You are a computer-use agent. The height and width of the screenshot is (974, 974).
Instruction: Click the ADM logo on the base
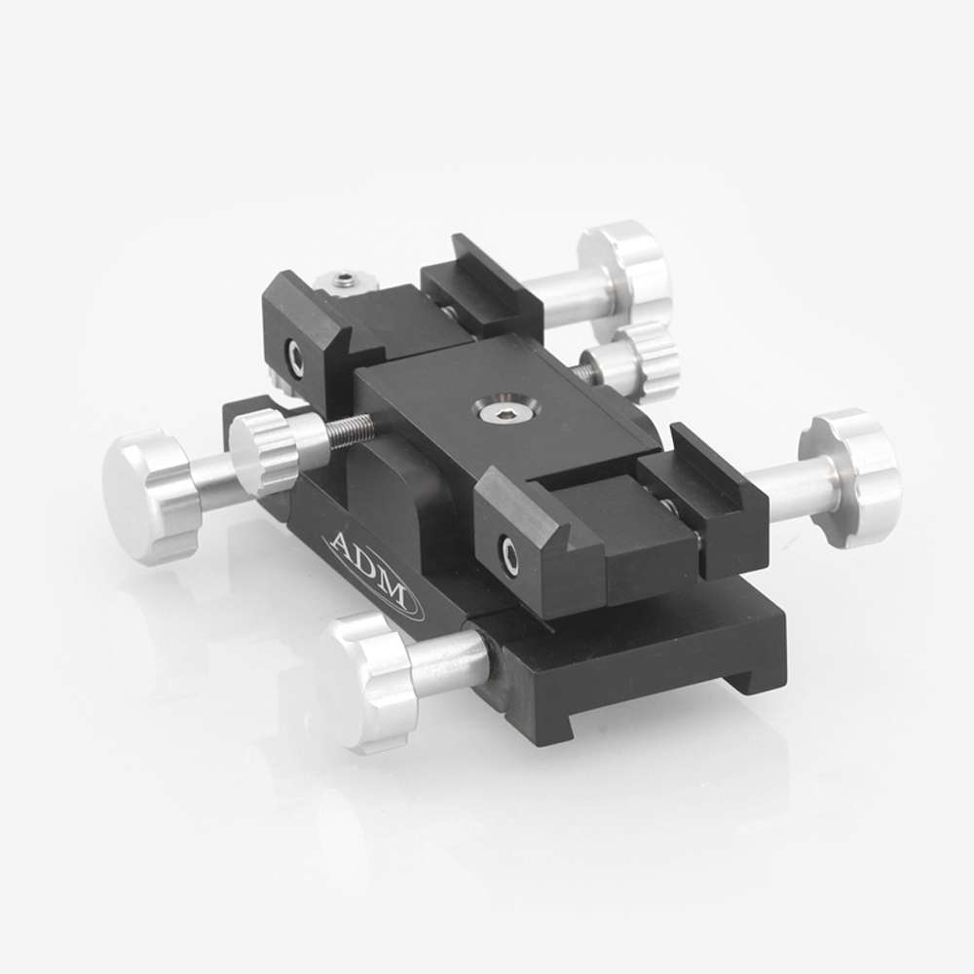tap(373, 572)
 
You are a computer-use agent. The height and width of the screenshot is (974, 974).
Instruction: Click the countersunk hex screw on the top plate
tap(491, 413)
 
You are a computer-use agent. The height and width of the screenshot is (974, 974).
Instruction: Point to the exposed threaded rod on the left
tap(350, 431)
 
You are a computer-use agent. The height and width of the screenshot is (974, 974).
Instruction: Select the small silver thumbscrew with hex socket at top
tap(343, 282)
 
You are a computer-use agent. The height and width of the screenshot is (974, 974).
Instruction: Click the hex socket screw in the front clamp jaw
tap(508, 555)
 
